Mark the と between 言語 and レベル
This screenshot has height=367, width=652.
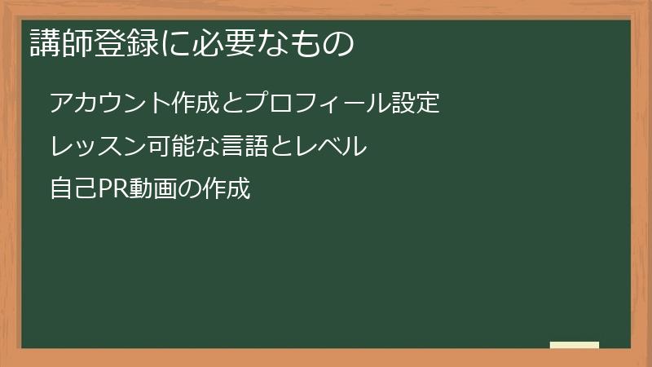pos(284,147)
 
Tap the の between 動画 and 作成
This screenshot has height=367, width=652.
pos(189,190)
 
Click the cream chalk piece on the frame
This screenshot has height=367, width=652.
pos(575,345)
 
